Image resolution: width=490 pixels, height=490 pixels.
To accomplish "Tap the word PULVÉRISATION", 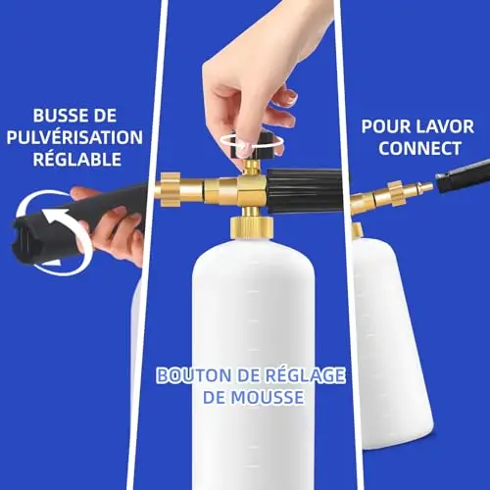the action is coord(74,137).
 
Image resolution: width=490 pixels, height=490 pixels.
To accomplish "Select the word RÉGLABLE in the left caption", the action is coord(77,159).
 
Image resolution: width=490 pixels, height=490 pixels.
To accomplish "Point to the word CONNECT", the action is coord(419,148).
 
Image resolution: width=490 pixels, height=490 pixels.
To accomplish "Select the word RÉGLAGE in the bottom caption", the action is coord(305,375).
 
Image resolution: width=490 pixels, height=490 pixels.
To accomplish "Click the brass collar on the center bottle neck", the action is coord(252,228).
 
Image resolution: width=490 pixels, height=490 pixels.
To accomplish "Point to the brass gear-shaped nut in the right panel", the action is coord(396,193).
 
